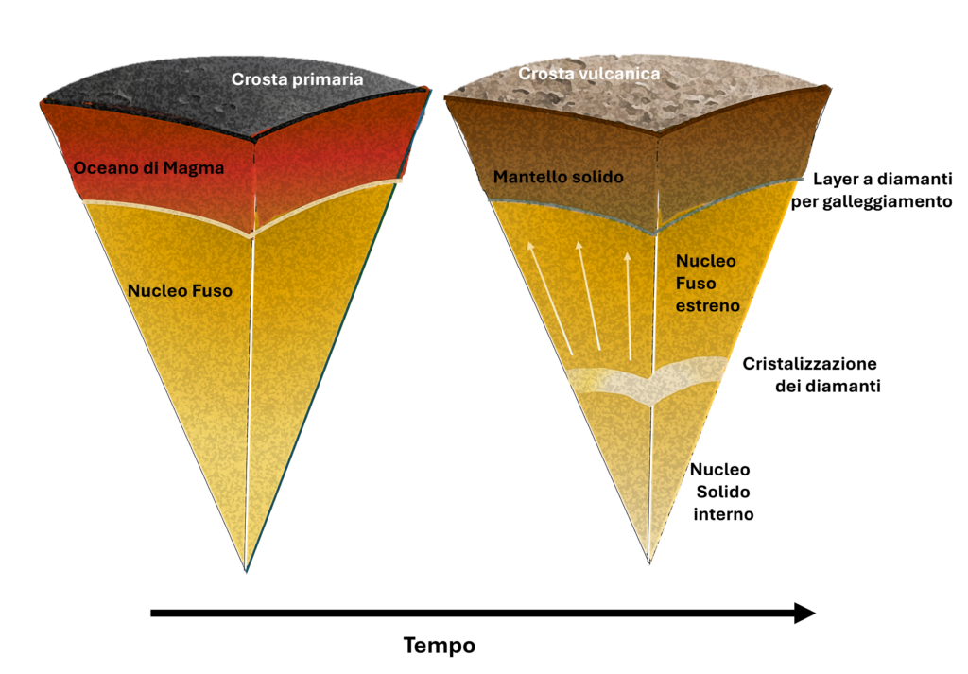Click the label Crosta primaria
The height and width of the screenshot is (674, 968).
point(297,79)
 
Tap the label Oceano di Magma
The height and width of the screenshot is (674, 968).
point(148,168)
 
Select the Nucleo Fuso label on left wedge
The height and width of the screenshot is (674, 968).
point(180,291)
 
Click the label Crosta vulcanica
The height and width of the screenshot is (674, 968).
point(589,73)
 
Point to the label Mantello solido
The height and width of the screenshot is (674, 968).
point(559,177)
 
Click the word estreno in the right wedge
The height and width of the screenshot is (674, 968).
point(707,306)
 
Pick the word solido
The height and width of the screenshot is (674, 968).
point(598,177)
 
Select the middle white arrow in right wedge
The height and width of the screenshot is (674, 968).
point(588,295)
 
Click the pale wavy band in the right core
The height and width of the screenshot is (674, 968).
point(648,381)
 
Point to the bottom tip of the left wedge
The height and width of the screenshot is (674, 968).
point(247,568)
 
